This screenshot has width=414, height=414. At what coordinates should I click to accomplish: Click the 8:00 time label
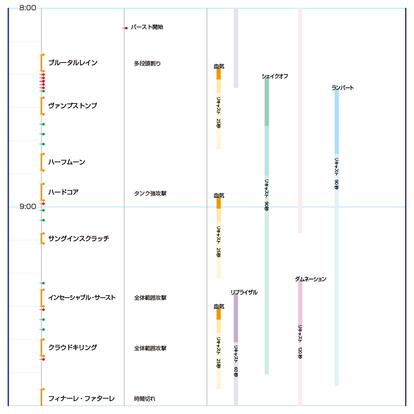(x=28, y=8)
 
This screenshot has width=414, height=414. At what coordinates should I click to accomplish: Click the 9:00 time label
(x=28, y=207)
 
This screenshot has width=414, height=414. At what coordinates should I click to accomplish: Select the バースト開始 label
(x=147, y=27)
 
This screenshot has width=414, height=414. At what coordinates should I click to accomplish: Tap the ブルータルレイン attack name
(x=73, y=63)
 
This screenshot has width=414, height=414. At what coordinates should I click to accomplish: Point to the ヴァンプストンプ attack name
(x=72, y=106)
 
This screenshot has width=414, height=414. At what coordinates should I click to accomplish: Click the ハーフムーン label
(x=67, y=162)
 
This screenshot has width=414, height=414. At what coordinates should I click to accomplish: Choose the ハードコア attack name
(x=63, y=192)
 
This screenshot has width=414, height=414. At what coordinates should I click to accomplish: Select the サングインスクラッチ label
(x=79, y=238)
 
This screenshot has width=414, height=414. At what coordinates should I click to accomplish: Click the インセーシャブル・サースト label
(x=82, y=298)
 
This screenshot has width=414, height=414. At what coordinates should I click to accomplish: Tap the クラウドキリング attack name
(x=72, y=348)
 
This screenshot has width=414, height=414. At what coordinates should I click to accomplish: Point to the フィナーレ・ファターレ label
(x=81, y=399)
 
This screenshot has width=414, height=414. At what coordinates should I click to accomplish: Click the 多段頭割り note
(x=147, y=64)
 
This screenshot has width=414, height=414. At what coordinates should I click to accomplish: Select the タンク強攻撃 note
(x=150, y=193)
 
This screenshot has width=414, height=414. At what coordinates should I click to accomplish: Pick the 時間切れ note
(x=145, y=399)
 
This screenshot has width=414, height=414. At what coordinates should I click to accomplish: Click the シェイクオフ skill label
(x=275, y=76)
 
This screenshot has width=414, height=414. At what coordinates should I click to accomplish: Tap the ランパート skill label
(x=343, y=88)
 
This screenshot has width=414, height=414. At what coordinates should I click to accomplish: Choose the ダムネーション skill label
(x=310, y=279)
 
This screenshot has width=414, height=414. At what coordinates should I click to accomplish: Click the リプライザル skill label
(x=244, y=292)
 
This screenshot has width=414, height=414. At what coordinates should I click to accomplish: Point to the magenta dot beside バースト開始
(x=126, y=28)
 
